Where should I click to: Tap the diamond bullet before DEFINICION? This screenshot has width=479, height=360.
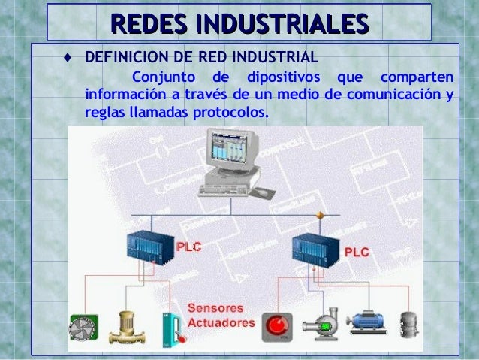click(68, 58)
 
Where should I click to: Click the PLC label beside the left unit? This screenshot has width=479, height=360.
click(188, 246)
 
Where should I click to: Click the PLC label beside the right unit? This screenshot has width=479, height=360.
click(357, 253)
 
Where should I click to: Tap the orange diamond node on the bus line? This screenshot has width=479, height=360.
click(320, 215)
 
